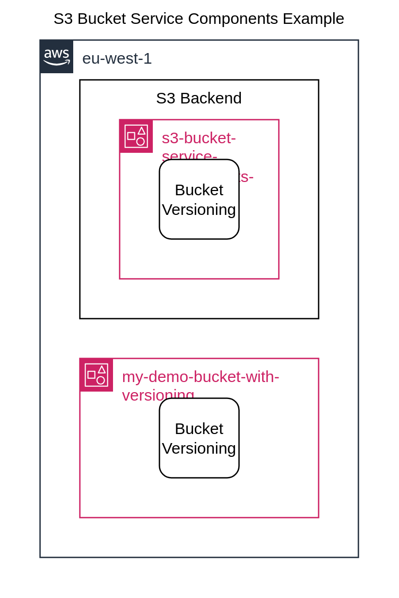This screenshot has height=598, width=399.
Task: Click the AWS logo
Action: tap(57, 56)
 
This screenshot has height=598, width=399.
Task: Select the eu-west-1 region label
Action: tap(117, 58)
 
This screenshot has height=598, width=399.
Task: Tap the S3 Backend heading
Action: tap(198, 98)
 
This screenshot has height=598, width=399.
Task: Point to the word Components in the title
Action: tap(233, 19)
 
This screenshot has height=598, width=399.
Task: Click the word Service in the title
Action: tap(157, 19)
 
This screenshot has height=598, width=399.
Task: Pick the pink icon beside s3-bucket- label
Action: tap(136, 136)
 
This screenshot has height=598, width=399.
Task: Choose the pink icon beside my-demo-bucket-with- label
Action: tap(96, 375)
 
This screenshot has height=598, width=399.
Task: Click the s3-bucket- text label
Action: tap(198, 138)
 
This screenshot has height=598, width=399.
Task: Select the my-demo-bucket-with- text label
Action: tap(201, 377)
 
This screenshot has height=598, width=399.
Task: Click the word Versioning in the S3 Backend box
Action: tap(199, 210)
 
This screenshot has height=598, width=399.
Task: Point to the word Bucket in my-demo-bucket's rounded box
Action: tap(199, 429)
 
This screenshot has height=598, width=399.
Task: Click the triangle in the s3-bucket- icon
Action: tap(142, 131)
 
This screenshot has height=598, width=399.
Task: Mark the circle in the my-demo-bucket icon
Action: tap(101, 380)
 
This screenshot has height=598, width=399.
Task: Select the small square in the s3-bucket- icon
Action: tap(131, 136)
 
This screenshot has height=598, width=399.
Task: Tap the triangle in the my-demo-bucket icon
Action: tap(102, 369)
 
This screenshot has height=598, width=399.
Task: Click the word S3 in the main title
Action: tap(63, 19)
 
